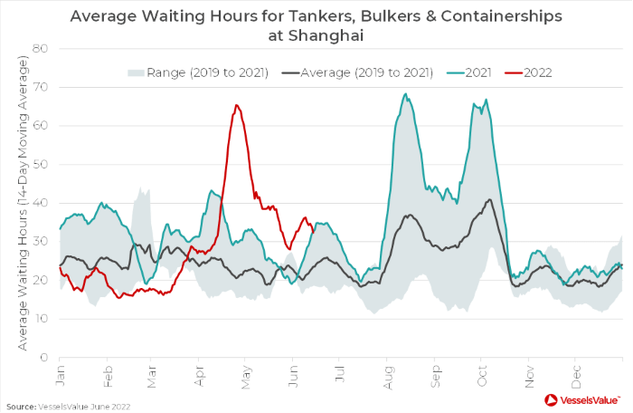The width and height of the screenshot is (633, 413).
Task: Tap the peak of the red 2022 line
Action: point(236,105)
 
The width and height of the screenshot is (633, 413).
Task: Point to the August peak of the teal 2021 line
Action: point(405,94)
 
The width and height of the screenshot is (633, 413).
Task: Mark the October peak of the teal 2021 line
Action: point(486,101)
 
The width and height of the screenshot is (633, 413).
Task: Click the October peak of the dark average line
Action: point(489,200)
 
